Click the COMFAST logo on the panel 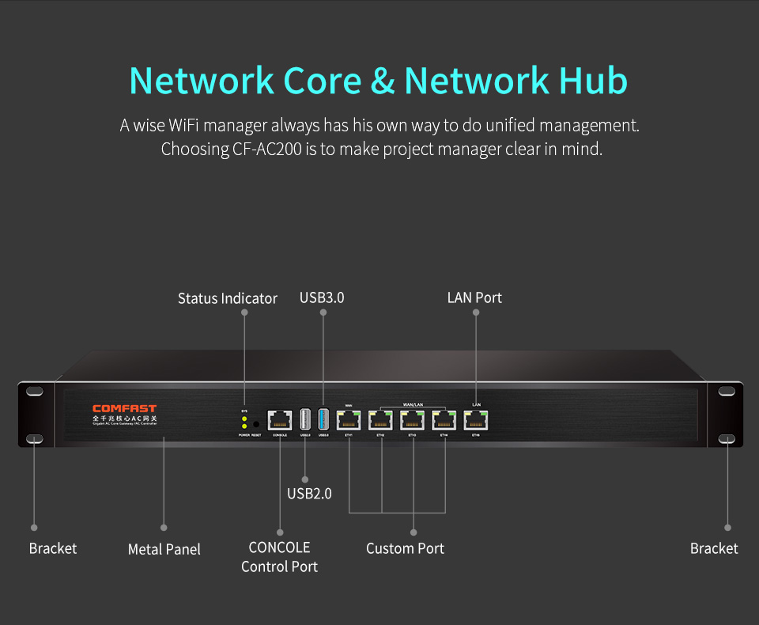tap(124, 408)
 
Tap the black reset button tap(256, 424)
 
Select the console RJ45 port tap(279, 419)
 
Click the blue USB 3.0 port tap(323, 419)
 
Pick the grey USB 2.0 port tap(305, 419)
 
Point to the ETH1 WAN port tap(349, 420)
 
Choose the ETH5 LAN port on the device tap(476, 420)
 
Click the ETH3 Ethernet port tap(413, 420)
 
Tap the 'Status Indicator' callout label tap(228, 298)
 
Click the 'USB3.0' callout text tap(322, 297)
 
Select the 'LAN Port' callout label tap(474, 297)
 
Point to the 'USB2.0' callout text tap(309, 494)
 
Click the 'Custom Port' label tap(405, 548)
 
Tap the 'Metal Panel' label tap(164, 549)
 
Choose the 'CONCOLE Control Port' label tap(280, 557)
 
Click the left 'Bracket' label tap(53, 548)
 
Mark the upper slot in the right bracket tap(726, 391)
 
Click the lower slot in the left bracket tap(35, 438)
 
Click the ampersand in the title tap(381, 81)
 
